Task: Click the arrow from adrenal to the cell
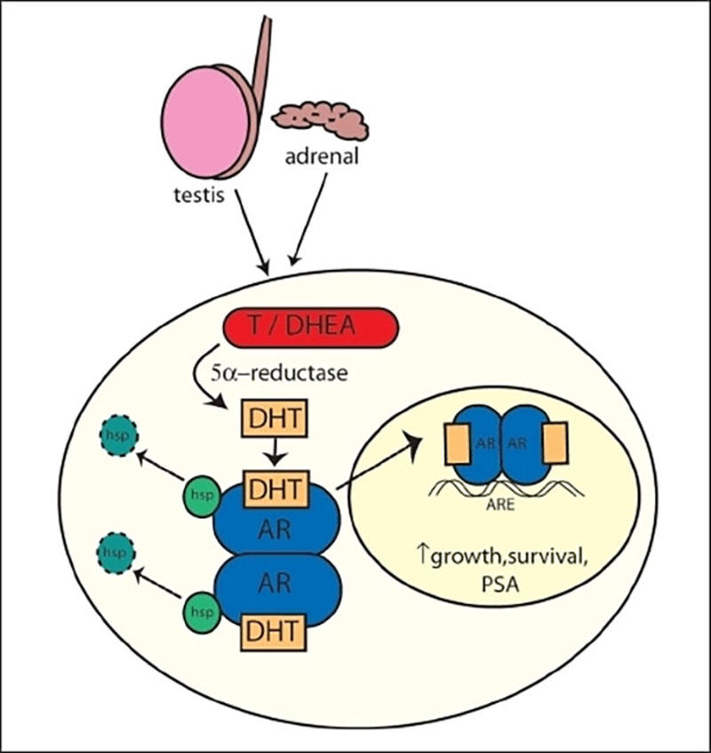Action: [x=310, y=218]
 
